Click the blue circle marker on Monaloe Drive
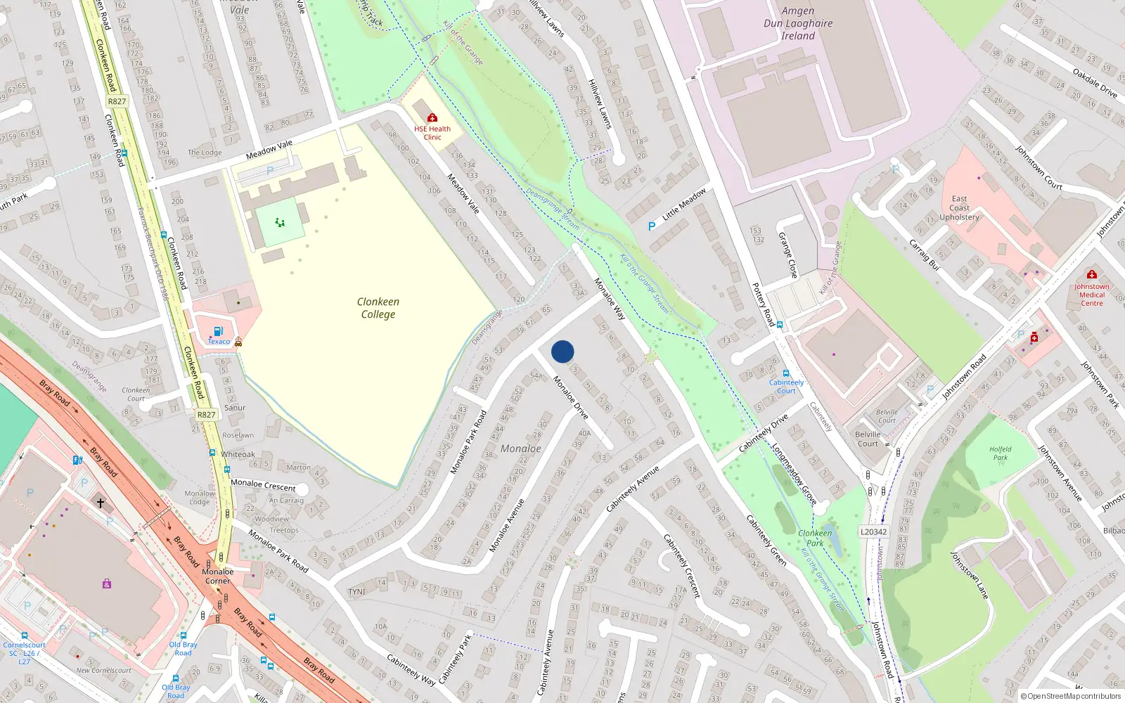(562, 351)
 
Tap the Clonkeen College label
(378, 308)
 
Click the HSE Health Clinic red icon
(432, 117)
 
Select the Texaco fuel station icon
(218, 331)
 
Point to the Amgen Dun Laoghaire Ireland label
(798, 23)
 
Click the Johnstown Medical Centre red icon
(1091, 274)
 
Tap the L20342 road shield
(873, 531)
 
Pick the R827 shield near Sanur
(206, 415)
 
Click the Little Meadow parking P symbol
(652, 226)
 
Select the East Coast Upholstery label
(959, 208)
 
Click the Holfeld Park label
(1000, 453)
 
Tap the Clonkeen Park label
(815, 538)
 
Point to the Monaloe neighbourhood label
(520, 449)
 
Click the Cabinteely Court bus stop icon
(786, 373)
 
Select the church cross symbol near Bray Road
(101, 503)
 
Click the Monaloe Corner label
(217, 576)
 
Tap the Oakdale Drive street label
(1095, 82)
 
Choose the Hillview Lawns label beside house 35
(600, 104)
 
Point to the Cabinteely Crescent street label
(682, 566)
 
